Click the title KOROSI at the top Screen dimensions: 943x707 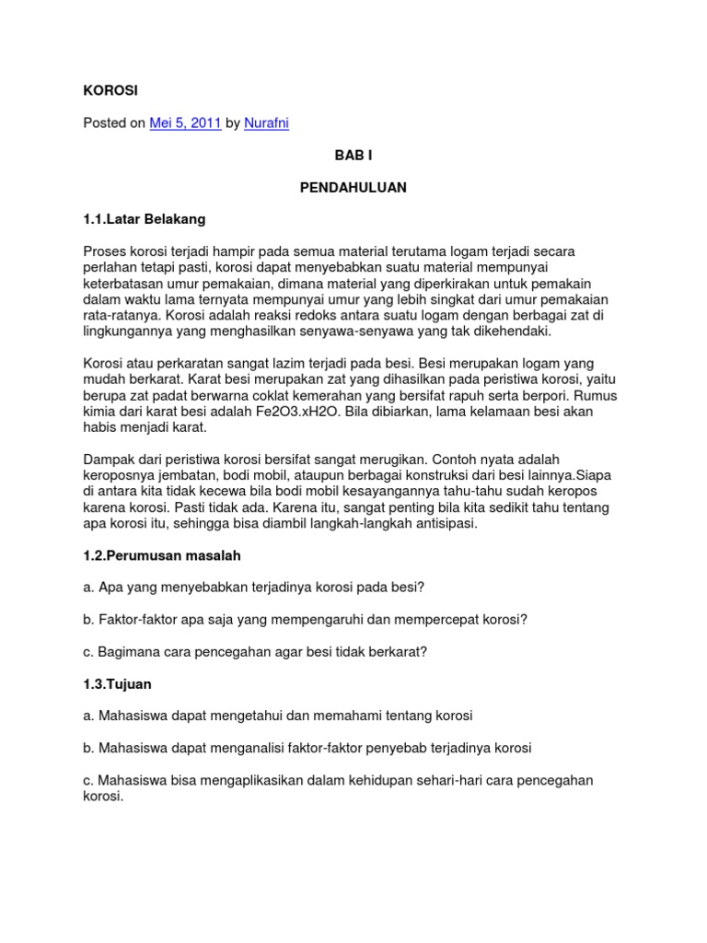[x=110, y=90]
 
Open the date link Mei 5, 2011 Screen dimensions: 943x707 [x=185, y=122]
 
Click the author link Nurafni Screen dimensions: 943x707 [x=266, y=122]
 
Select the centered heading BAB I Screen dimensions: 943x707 [x=353, y=155]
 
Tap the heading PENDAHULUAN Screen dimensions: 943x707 [x=353, y=187]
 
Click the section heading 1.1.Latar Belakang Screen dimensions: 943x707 [x=145, y=219]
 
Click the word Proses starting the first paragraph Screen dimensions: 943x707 [x=107, y=251]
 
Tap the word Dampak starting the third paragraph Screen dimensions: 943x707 [x=109, y=459]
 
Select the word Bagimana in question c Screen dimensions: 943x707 [x=128, y=651]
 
